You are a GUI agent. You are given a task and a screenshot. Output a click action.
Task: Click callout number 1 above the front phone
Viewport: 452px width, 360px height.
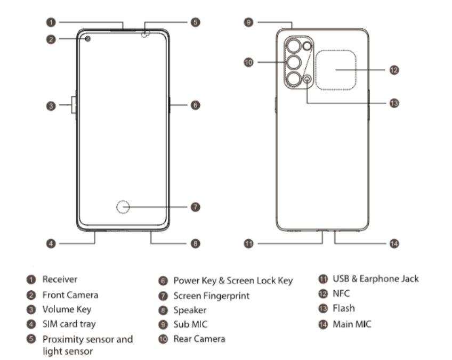click(x=50, y=22)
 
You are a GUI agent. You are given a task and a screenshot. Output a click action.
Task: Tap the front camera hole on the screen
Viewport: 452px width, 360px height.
click(x=87, y=38)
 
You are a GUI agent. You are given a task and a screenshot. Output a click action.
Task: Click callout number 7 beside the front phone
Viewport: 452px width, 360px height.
click(x=196, y=206)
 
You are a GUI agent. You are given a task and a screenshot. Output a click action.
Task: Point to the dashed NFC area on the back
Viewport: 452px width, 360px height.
click(x=335, y=70)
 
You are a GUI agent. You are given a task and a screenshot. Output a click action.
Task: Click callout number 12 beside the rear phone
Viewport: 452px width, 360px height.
click(x=394, y=70)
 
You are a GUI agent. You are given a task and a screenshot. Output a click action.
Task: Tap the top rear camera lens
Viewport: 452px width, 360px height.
click(x=294, y=46)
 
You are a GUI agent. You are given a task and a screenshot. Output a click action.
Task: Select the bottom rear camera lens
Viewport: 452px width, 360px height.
click(x=294, y=79)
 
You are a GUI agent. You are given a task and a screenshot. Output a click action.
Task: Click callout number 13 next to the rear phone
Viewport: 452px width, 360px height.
click(x=394, y=103)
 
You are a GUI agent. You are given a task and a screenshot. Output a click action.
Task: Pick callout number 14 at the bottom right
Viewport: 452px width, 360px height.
click(x=394, y=243)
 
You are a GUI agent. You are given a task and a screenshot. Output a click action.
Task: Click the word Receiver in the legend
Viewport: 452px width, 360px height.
click(x=60, y=279)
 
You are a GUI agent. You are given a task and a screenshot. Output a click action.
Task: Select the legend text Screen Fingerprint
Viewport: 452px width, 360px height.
click(x=211, y=295)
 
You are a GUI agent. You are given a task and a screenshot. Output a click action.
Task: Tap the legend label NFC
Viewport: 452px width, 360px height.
click(x=342, y=293)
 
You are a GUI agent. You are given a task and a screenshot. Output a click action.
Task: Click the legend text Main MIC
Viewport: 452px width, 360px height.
click(x=352, y=323)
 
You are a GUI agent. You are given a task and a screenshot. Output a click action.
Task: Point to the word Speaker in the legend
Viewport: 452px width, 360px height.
click(x=190, y=309)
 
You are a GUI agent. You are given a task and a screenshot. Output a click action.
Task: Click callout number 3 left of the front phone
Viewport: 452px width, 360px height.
click(x=50, y=106)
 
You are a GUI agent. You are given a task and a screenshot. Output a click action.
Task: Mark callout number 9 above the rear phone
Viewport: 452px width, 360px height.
click(x=248, y=22)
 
